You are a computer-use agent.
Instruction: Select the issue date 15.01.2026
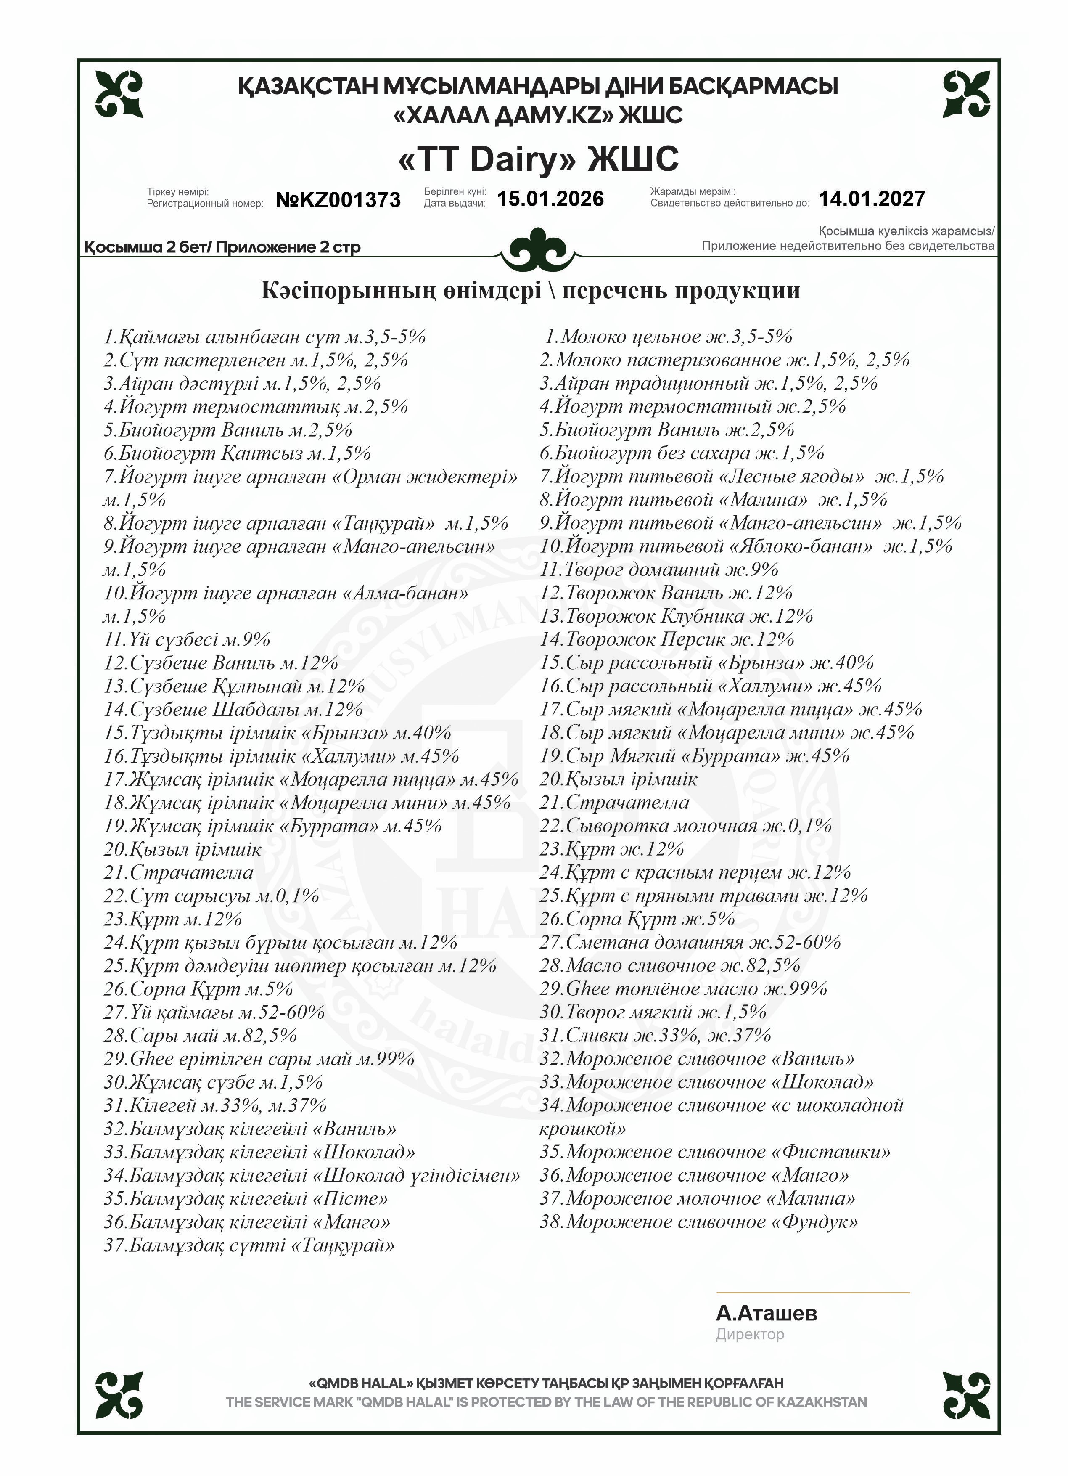(550, 199)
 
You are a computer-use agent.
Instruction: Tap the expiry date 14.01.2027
(872, 199)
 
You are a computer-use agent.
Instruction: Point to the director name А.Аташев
(766, 1313)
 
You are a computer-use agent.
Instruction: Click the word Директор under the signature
(750, 1334)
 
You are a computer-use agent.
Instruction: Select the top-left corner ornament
(119, 94)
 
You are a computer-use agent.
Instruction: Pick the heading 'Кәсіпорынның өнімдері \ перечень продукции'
(530, 290)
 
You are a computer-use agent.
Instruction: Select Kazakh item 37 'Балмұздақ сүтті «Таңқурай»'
(249, 1245)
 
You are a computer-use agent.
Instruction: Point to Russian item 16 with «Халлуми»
(710, 686)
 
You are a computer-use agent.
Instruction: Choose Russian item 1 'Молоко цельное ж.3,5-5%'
(669, 337)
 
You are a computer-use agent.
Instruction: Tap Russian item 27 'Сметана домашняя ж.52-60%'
(690, 942)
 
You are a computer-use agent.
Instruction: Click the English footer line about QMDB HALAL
(546, 1402)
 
